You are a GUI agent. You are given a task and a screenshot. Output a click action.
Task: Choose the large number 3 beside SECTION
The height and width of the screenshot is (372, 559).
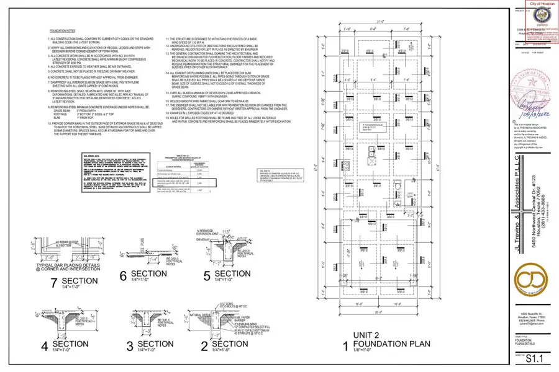tap(128, 345)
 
